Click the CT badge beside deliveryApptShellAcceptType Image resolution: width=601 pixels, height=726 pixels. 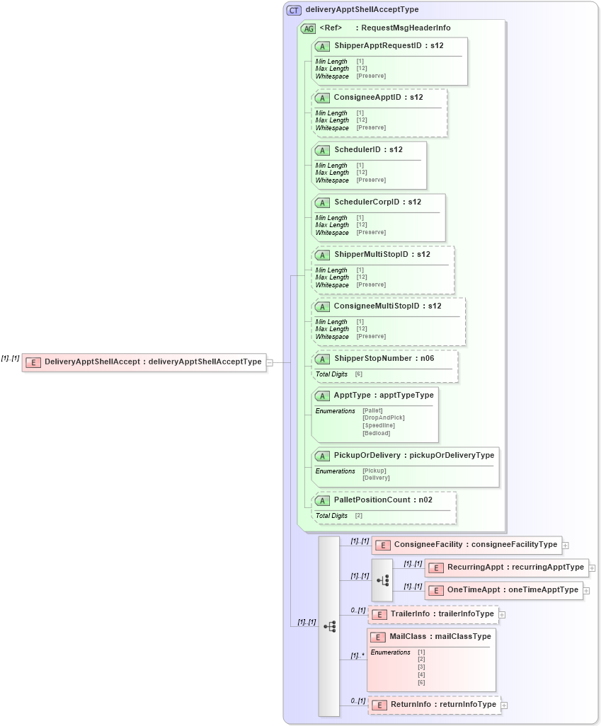point(294,10)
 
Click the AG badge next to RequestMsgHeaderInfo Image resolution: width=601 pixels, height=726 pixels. point(308,28)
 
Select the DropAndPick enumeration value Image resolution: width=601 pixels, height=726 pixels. point(383,417)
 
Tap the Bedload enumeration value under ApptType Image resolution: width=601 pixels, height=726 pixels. point(376,433)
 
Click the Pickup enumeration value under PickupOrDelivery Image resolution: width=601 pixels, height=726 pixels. point(374,471)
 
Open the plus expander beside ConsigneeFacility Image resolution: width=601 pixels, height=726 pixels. point(566,545)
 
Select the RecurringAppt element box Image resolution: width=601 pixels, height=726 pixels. point(506,567)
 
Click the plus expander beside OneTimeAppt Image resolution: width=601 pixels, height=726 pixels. point(587,590)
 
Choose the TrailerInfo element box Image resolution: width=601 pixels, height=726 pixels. point(433,614)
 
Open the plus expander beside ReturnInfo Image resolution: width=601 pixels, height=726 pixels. point(504,705)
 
